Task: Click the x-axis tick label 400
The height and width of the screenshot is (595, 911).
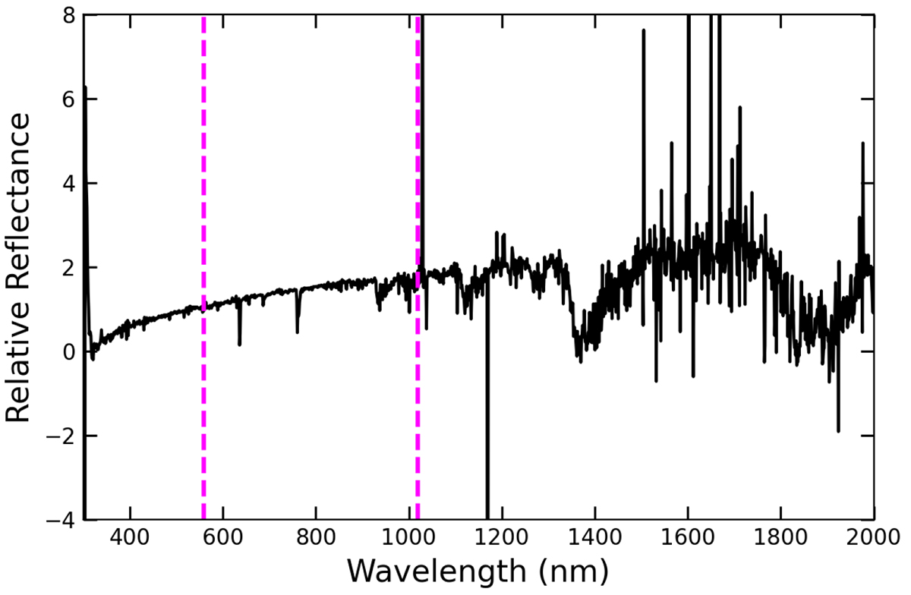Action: [x=131, y=540]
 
